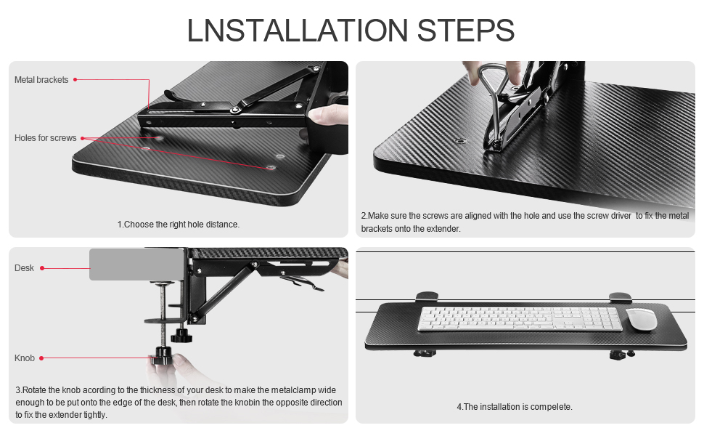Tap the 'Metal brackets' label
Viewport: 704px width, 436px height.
pyautogui.click(x=41, y=80)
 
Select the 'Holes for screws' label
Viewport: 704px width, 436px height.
pyautogui.click(x=45, y=138)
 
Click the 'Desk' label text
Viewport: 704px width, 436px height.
pyautogui.click(x=24, y=268)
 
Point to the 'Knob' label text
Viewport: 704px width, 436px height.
pyautogui.click(x=24, y=358)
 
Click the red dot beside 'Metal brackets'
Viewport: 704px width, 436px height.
pyautogui.click(x=75, y=80)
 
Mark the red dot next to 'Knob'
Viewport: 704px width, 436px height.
pyautogui.click(x=42, y=358)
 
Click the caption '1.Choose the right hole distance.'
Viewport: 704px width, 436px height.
pyautogui.click(x=178, y=225)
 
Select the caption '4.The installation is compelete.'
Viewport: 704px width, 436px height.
pyautogui.click(x=514, y=407)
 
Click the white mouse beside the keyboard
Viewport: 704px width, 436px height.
pyautogui.click(x=641, y=319)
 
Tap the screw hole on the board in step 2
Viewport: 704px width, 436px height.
pyautogui.click(x=460, y=140)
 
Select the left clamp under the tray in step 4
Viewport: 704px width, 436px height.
pyautogui.click(x=425, y=353)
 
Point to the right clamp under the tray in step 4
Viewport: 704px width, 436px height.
pyautogui.click(x=619, y=354)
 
